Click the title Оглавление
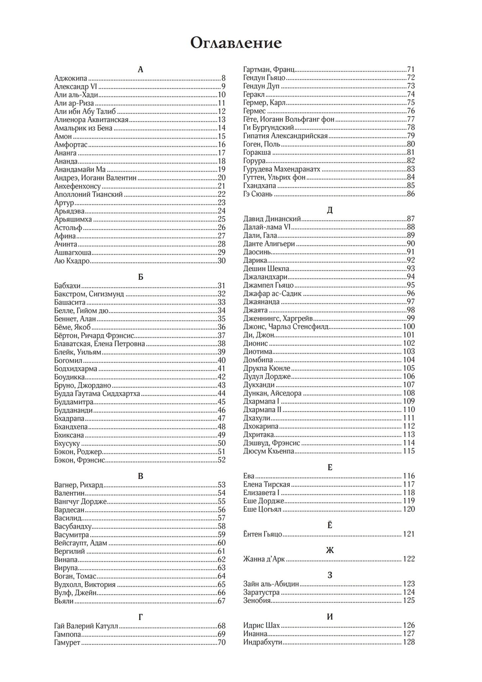pos(236,43)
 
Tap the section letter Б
pos(140,277)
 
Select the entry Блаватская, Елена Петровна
pos(100,344)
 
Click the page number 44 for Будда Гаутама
pos(222,394)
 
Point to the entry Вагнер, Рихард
pos(79,485)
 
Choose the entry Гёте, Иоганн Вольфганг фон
pos(289,119)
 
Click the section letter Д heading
pos(330,210)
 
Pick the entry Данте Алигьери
pos(269,244)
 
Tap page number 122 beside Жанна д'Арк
pos(409,559)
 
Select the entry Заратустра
pos(261,592)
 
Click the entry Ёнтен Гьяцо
pos(263,534)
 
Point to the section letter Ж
pos(330,550)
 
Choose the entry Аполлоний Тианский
pos(89,194)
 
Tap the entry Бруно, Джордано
pos(83,385)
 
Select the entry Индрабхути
pos(263,642)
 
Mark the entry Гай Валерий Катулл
pos(86,626)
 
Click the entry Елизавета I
pos(261,492)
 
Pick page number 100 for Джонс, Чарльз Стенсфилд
pos(409,327)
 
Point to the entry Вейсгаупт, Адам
pos(80,543)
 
